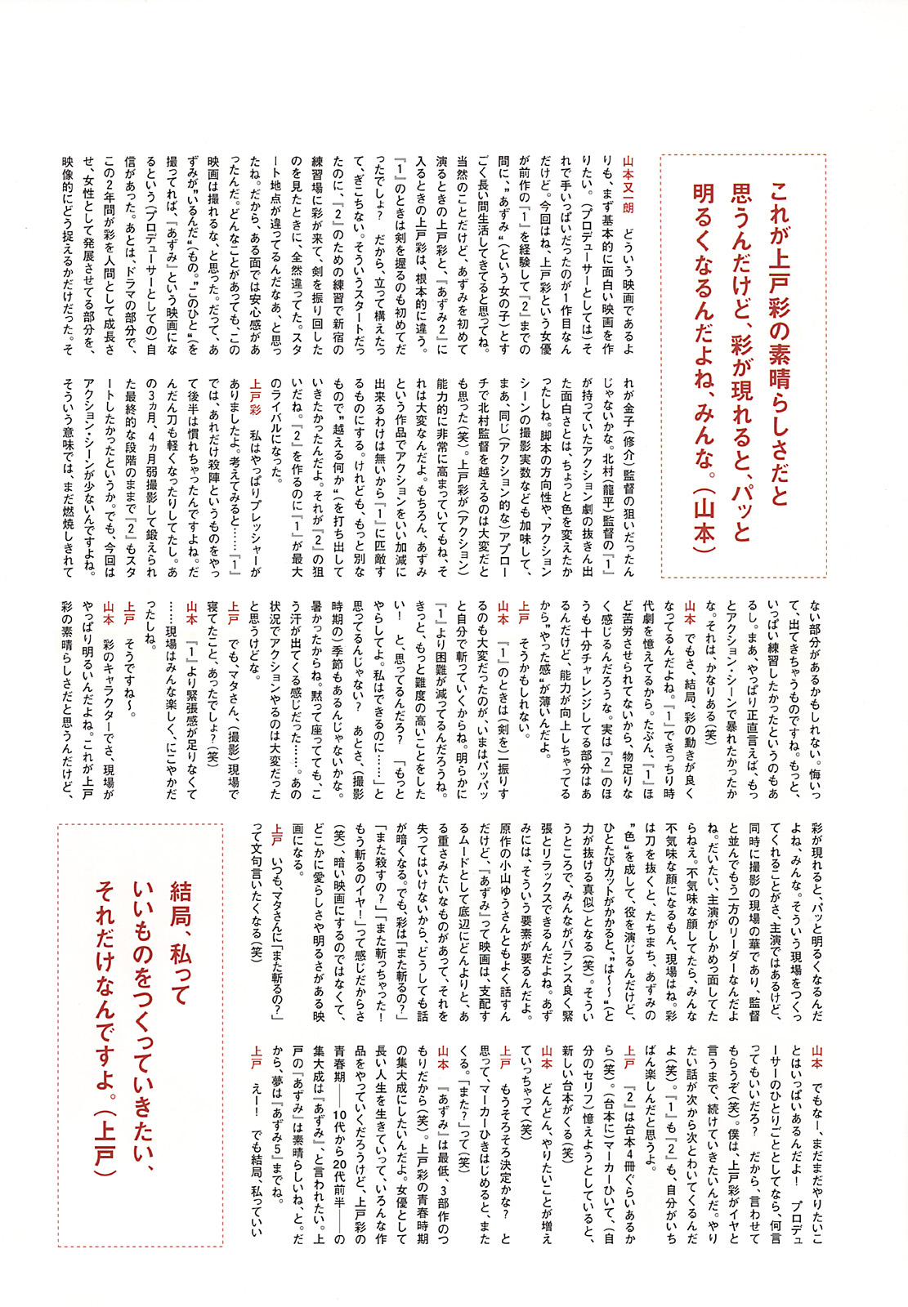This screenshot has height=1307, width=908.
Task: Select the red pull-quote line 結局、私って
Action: click(179, 940)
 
